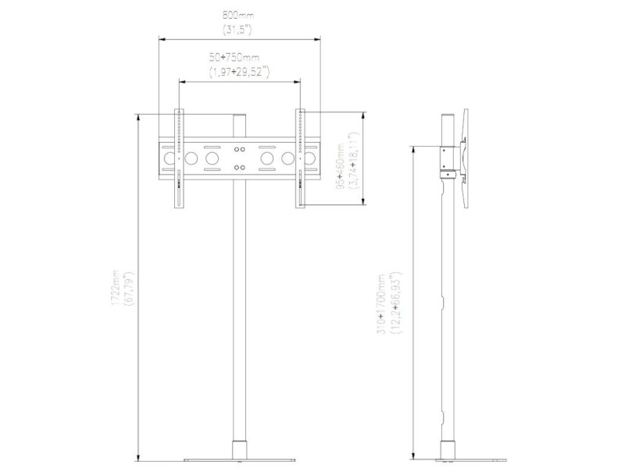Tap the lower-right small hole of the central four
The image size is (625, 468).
(x=244, y=165)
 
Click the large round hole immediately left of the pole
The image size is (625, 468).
(x=212, y=158)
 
